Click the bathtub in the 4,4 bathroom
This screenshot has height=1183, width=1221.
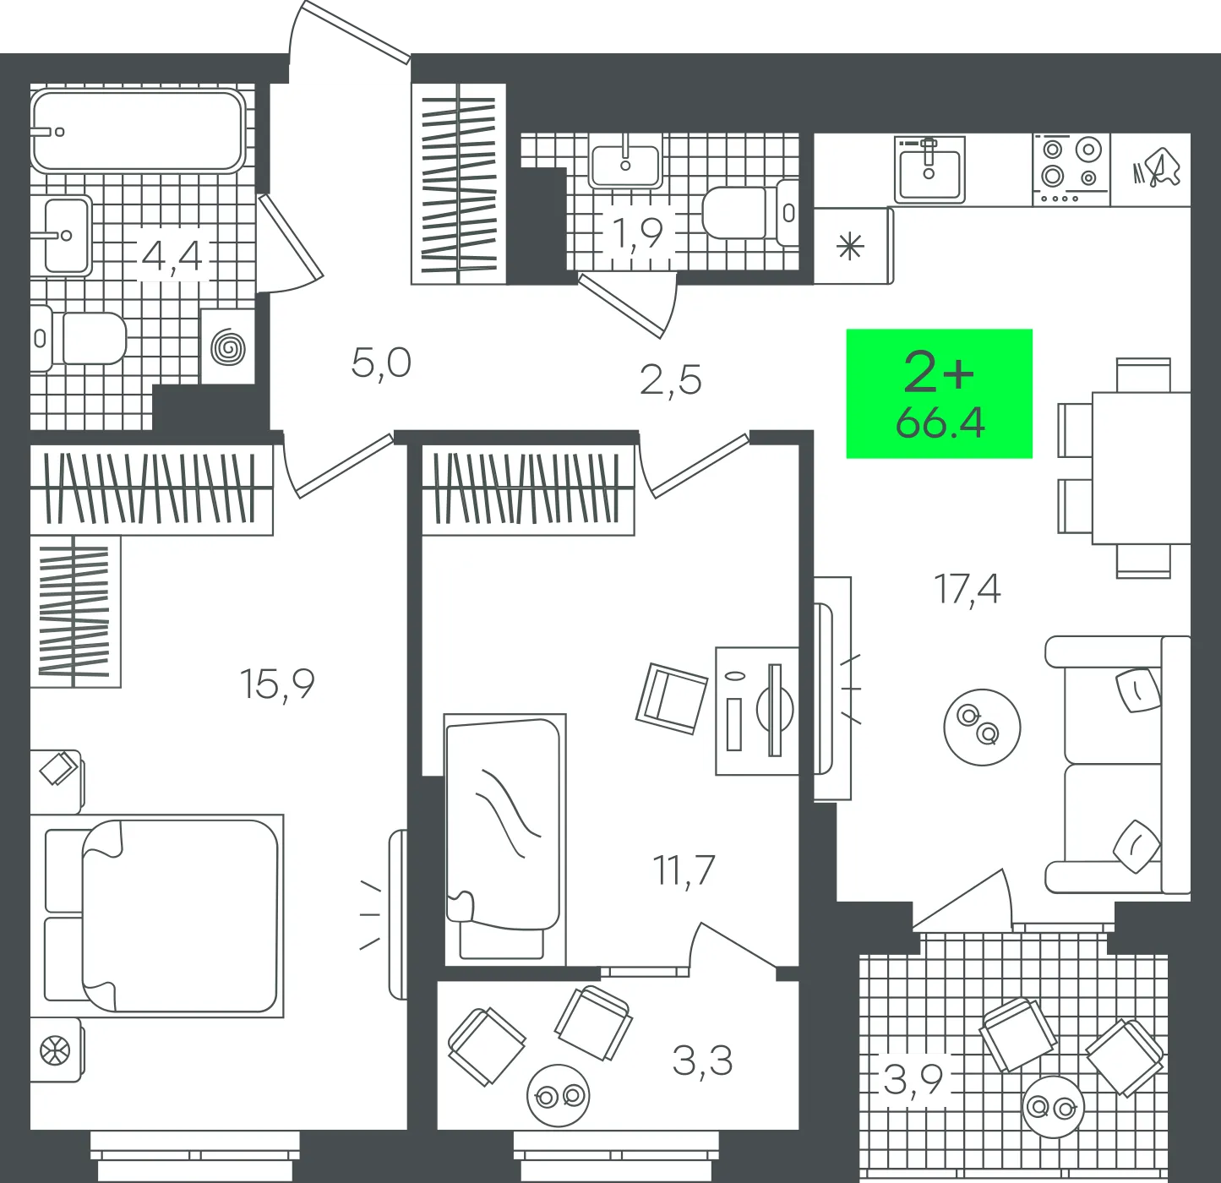(x=138, y=131)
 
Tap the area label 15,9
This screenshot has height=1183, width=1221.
(x=276, y=684)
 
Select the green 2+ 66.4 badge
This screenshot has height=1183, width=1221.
(x=939, y=394)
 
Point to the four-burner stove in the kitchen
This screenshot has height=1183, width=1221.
(x=1071, y=170)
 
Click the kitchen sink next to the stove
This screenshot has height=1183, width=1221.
(x=929, y=170)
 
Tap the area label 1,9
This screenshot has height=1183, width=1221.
(x=637, y=233)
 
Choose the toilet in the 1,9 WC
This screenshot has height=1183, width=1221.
(x=750, y=214)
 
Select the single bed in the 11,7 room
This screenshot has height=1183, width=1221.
(x=504, y=839)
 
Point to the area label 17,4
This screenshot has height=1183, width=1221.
(x=967, y=589)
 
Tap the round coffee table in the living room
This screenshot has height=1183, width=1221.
(x=982, y=727)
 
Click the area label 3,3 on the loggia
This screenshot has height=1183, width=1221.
(x=702, y=1060)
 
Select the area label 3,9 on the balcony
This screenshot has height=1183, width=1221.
(x=913, y=1079)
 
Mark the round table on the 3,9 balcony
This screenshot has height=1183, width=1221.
(x=1054, y=1108)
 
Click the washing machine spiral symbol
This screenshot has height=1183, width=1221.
(x=228, y=347)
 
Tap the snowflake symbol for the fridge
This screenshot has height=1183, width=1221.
(x=850, y=246)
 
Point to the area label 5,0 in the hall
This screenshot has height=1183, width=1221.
(x=381, y=363)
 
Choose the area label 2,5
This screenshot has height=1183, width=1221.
(x=670, y=380)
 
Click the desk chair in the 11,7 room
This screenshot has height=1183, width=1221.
(x=672, y=699)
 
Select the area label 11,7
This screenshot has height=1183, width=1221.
(x=684, y=870)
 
